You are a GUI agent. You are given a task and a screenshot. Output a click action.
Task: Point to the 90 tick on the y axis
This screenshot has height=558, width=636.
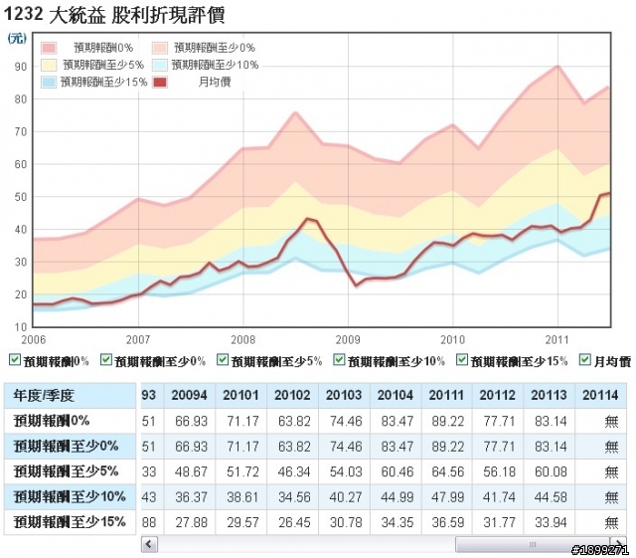click(21, 67)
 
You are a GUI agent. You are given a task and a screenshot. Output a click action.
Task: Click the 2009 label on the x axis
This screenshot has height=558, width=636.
click(347, 338)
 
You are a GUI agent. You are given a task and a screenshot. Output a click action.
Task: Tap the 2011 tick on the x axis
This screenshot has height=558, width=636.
click(557, 338)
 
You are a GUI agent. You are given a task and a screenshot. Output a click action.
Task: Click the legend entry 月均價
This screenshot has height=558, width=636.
click(215, 81)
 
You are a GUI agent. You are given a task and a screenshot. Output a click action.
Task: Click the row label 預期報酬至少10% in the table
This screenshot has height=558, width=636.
click(69, 494)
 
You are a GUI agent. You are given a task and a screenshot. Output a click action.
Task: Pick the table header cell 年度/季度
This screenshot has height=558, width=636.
click(44, 395)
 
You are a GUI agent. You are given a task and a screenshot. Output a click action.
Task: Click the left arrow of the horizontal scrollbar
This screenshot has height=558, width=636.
click(148, 543)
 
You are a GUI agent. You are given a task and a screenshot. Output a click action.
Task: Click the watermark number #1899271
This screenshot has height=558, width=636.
click(600, 549)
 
